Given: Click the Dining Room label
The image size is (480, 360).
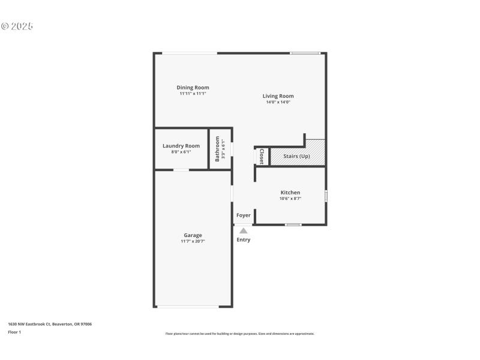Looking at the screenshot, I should click(193, 88).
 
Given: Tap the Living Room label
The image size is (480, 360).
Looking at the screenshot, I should click(278, 96).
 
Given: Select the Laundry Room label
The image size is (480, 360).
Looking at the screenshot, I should click(181, 146).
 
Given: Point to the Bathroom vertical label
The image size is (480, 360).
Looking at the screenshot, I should click(218, 149).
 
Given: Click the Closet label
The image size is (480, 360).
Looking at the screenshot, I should click(261, 156).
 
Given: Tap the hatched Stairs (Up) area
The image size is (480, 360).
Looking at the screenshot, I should click(296, 157).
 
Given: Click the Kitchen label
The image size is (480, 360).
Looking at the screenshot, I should click(290, 193).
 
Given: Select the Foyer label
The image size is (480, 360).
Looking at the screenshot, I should click(243, 215).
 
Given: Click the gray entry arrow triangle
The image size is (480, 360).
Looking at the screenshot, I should click(243, 230).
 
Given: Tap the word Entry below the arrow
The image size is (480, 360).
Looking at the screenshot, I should click(243, 240).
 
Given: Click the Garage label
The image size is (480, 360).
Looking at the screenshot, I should click(193, 235).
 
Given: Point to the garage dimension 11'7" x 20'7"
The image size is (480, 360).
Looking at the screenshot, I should click(193, 241).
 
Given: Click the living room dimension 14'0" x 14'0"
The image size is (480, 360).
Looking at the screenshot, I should click(278, 102).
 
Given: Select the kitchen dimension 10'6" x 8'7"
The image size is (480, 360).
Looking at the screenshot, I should click(290, 199).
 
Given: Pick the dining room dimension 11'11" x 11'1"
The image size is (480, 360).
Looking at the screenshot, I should click(193, 94).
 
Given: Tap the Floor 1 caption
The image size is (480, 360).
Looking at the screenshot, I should click(14, 332).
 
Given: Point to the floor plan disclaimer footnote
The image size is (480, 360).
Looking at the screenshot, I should click(239, 334).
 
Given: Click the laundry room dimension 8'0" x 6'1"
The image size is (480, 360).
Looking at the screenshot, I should click(181, 152).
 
